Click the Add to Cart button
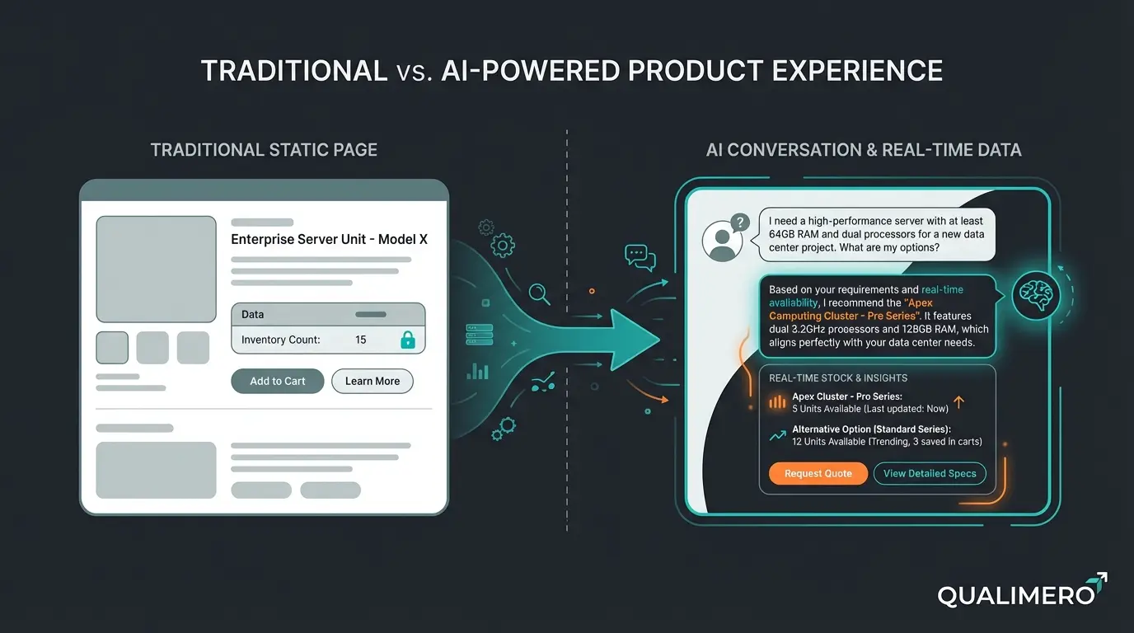click(x=277, y=381)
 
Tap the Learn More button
click(x=373, y=381)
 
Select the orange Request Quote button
click(x=818, y=473)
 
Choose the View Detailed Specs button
click(x=929, y=473)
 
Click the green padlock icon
click(x=407, y=340)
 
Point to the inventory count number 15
click(x=360, y=340)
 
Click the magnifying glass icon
click(x=539, y=293)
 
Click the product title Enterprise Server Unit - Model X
click(x=329, y=240)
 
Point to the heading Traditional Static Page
click(x=264, y=150)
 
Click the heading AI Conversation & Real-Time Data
click(x=864, y=150)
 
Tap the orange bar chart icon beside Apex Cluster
click(x=777, y=402)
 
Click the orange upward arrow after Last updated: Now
click(x=958, y=404)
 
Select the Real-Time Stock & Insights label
click(x=837, y=377)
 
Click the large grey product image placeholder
click(x=157, y=269)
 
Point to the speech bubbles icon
click(x=640, y=257)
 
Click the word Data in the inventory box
click(x=252, y=314)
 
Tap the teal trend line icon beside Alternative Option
click(x=777, y=435)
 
